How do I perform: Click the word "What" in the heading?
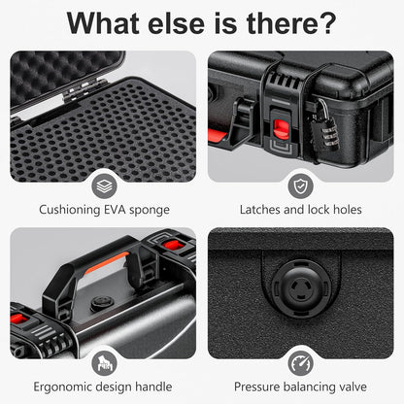coord(103,23)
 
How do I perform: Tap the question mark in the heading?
coord(326,23)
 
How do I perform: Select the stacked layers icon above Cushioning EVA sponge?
coord(104,186)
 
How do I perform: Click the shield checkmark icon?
coord(301,186)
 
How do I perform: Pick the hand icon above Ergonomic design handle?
coord(104,363)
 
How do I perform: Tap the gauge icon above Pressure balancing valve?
coord(301,363)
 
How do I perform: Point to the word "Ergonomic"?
coord(62,387)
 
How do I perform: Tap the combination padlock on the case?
coord(324,129)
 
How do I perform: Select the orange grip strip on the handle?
coord(106,262)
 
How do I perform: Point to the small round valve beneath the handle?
coord(102,303)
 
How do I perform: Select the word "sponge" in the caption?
coord(150,211)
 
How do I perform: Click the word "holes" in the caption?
coord(348,210)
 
